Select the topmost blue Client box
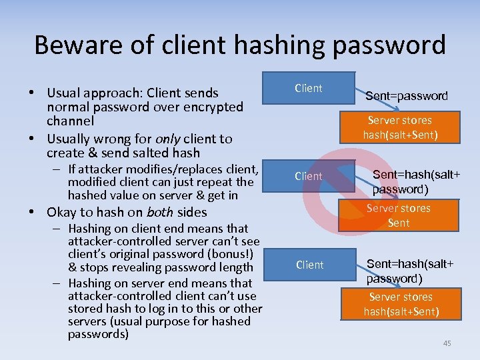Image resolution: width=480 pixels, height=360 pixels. (308, 88)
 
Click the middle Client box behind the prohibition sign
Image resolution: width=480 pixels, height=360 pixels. (308, 176)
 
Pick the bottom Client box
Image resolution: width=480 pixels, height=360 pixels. (309, 265)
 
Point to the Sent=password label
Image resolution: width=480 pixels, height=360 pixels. (406, 96)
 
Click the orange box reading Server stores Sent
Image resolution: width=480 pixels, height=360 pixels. (398, 215)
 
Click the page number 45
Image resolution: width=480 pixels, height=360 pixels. (447, 343)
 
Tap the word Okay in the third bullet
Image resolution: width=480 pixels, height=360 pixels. (61, 213)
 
